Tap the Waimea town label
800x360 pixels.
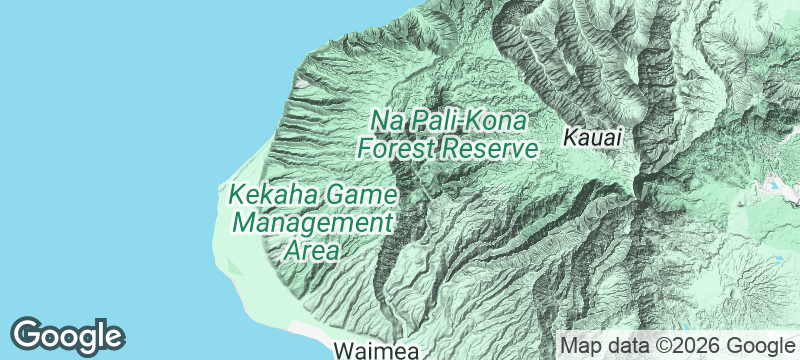click(378, 351)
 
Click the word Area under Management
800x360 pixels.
click(311, 249)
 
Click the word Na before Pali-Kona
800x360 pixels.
click(387, 119)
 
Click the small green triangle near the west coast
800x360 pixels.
click(233, 265)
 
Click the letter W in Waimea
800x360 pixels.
click(342, 351)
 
